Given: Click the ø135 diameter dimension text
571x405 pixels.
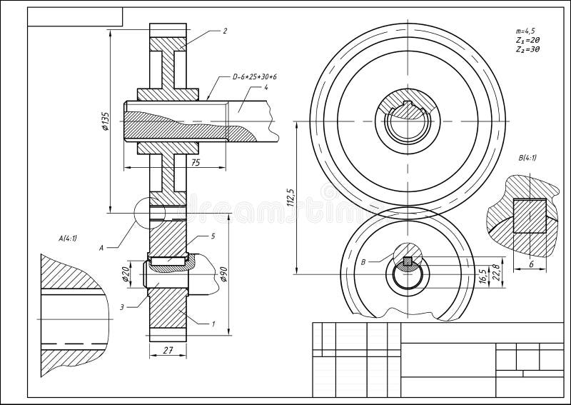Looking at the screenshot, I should [x=105, y=122].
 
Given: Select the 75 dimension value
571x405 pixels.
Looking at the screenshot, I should [x=195, y=162].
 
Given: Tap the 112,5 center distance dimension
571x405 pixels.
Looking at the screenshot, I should [x=289, y=198].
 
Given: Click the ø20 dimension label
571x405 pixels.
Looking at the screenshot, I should [x=126, y=274].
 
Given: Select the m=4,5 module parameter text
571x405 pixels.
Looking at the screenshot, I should [x=525, y=31].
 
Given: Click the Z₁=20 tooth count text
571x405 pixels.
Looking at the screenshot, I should [x=527, y=41].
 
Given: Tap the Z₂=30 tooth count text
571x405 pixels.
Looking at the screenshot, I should [x=527, y=50].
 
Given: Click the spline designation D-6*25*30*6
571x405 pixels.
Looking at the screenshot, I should [x=255, y=76].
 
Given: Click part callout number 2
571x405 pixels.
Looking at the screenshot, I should [x=225, y=31].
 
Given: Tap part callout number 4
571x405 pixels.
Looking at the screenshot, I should [x=265, y=88].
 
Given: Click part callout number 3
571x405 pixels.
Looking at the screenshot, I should [x=122, y=306].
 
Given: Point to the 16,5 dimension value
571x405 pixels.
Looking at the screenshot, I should [x=482, y=275].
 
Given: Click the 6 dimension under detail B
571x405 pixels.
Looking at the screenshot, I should [x=531, y=263].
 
